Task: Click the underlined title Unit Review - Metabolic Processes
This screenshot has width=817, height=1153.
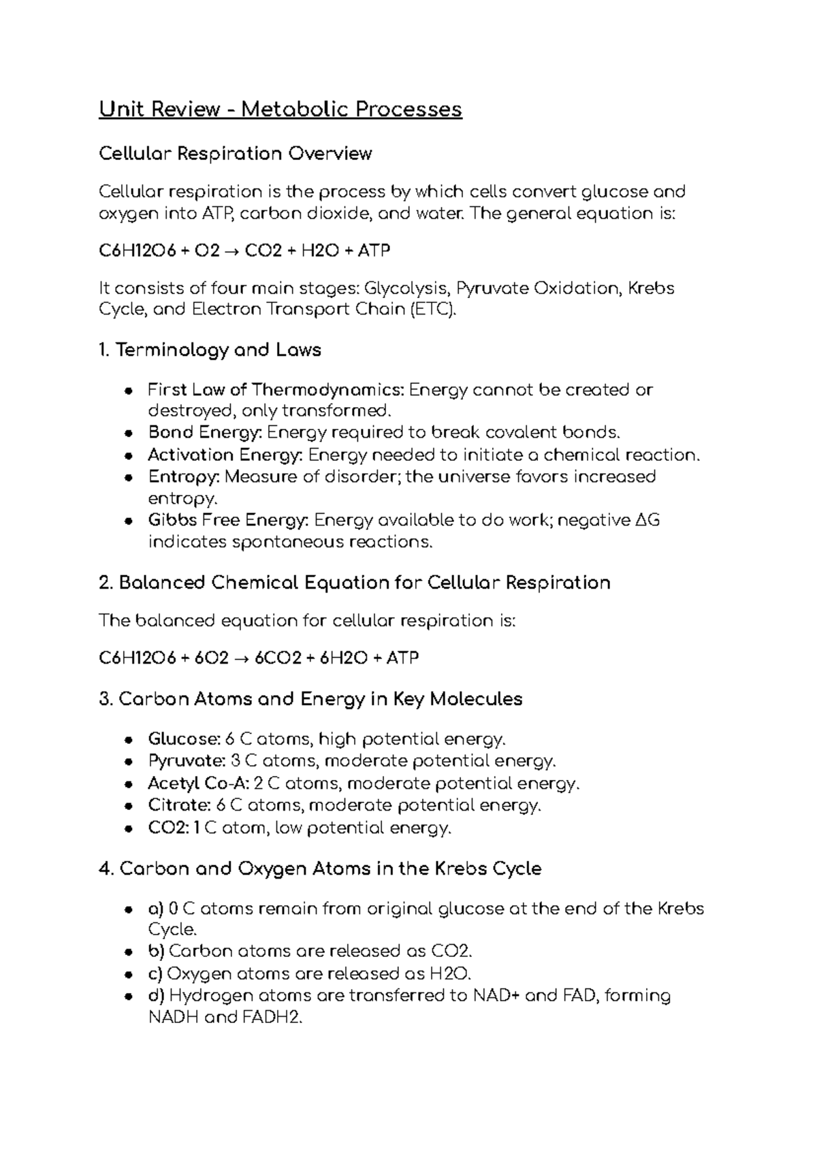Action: (x=280, y=109)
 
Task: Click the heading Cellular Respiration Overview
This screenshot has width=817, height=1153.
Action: (x=235, y=153)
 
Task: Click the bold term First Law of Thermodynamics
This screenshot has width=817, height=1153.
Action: (x=276, y=390)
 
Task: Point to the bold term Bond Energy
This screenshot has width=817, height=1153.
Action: (x=204, y=433)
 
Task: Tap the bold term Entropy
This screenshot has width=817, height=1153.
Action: (x=183, y=476)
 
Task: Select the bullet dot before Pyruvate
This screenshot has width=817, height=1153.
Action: (x=129, y=762)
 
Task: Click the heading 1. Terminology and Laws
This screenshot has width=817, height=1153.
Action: (x=210, y=351)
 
